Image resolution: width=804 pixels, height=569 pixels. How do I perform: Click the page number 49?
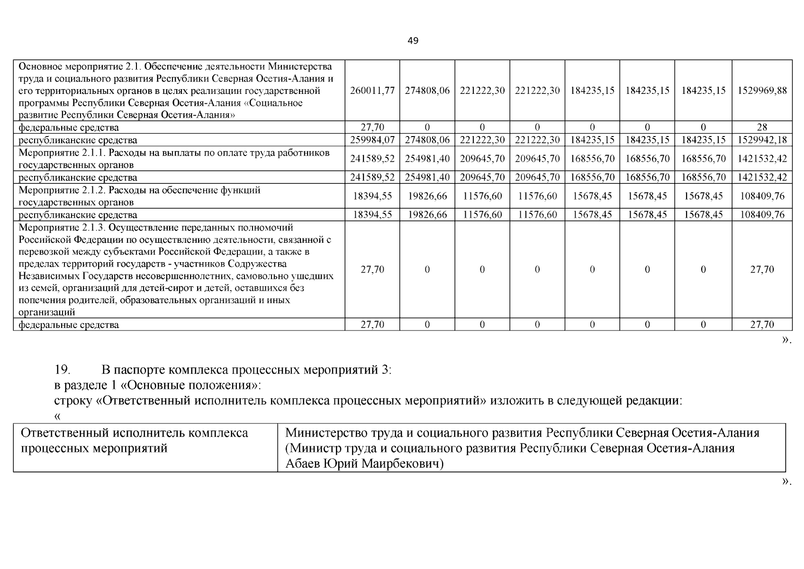tap(413, 41)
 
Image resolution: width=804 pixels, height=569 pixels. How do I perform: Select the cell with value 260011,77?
tap(372, 91)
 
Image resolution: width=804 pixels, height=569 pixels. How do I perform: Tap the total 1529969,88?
tap(762, 91)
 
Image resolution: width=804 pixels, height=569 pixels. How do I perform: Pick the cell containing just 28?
tap(762, 127)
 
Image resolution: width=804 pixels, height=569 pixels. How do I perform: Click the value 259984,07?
tap(372, 140)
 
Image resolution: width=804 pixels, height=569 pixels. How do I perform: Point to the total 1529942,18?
tap(762, 140)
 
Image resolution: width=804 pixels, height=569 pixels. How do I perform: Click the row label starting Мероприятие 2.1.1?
tap(174, 158)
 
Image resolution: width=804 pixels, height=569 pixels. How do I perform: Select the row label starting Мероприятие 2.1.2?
tap(139, 196)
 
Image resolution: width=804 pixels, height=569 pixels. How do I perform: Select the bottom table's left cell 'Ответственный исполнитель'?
tap(135, 440)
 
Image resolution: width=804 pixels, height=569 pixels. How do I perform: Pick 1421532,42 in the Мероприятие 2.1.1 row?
tap(762, 158)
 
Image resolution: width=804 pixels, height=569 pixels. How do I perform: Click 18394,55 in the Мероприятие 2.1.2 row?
tap(372, 196)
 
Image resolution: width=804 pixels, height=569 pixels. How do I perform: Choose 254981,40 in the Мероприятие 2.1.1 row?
tap(427, 158)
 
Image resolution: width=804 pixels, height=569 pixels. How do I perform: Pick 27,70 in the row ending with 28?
tap(372, 127)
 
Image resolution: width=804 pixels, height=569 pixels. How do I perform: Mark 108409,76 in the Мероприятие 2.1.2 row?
tap(762, 196)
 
